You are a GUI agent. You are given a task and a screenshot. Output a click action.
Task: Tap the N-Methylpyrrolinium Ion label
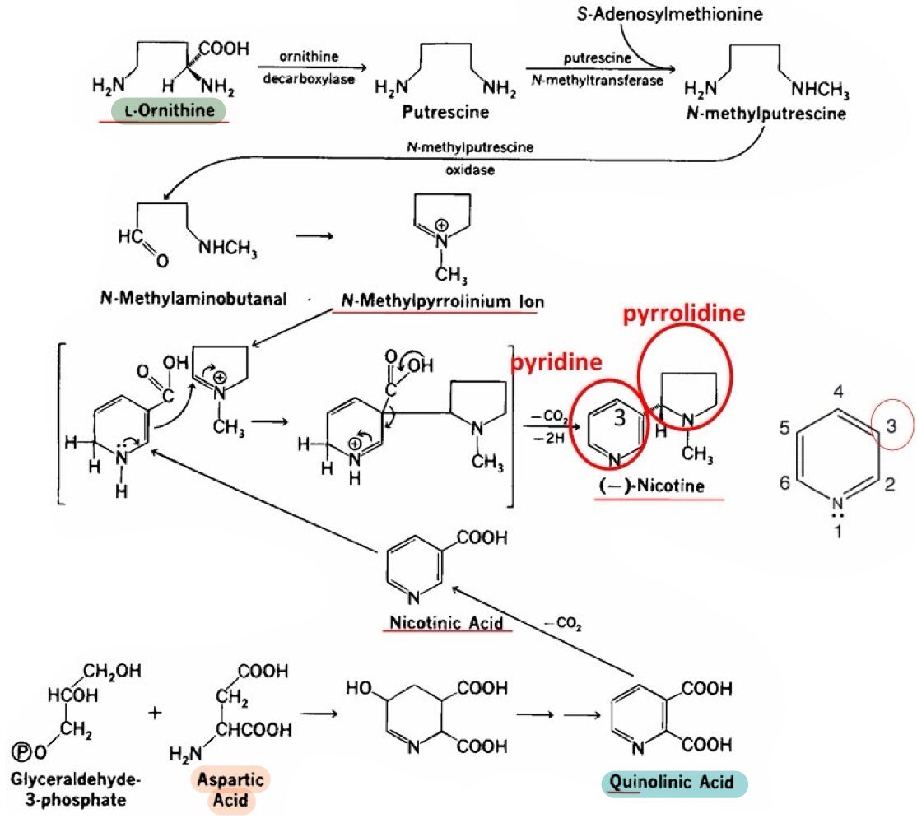point(442,301)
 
